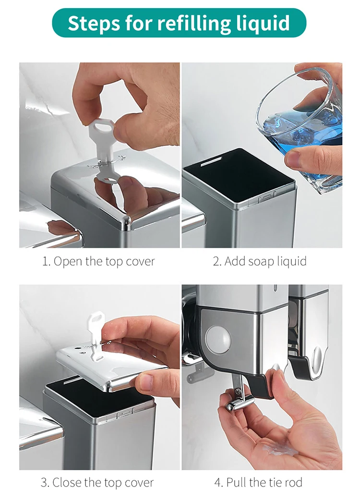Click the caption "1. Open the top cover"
click(98, 261)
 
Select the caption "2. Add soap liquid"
click(260, 261)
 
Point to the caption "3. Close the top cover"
click(97, 482)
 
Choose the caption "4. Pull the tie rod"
click(258, 482)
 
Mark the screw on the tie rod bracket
click(238, 390)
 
